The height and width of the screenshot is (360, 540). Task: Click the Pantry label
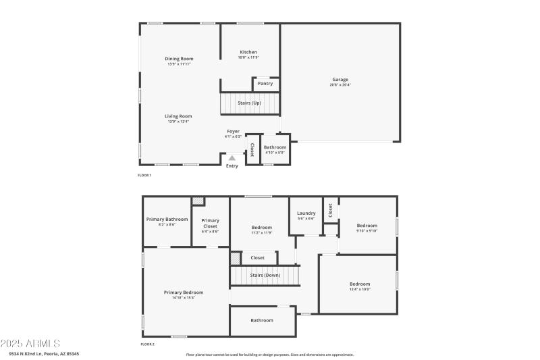point(265,84)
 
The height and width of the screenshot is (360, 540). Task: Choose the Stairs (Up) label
point(250,103)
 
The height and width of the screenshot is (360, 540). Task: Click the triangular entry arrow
point(232,158)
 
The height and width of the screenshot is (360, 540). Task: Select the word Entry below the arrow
point(232,166)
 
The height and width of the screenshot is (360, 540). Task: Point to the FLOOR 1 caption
point(144,176)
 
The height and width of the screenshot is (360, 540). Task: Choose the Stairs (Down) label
point(265,275)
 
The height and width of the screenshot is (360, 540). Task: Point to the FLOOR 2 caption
point(147,344)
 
